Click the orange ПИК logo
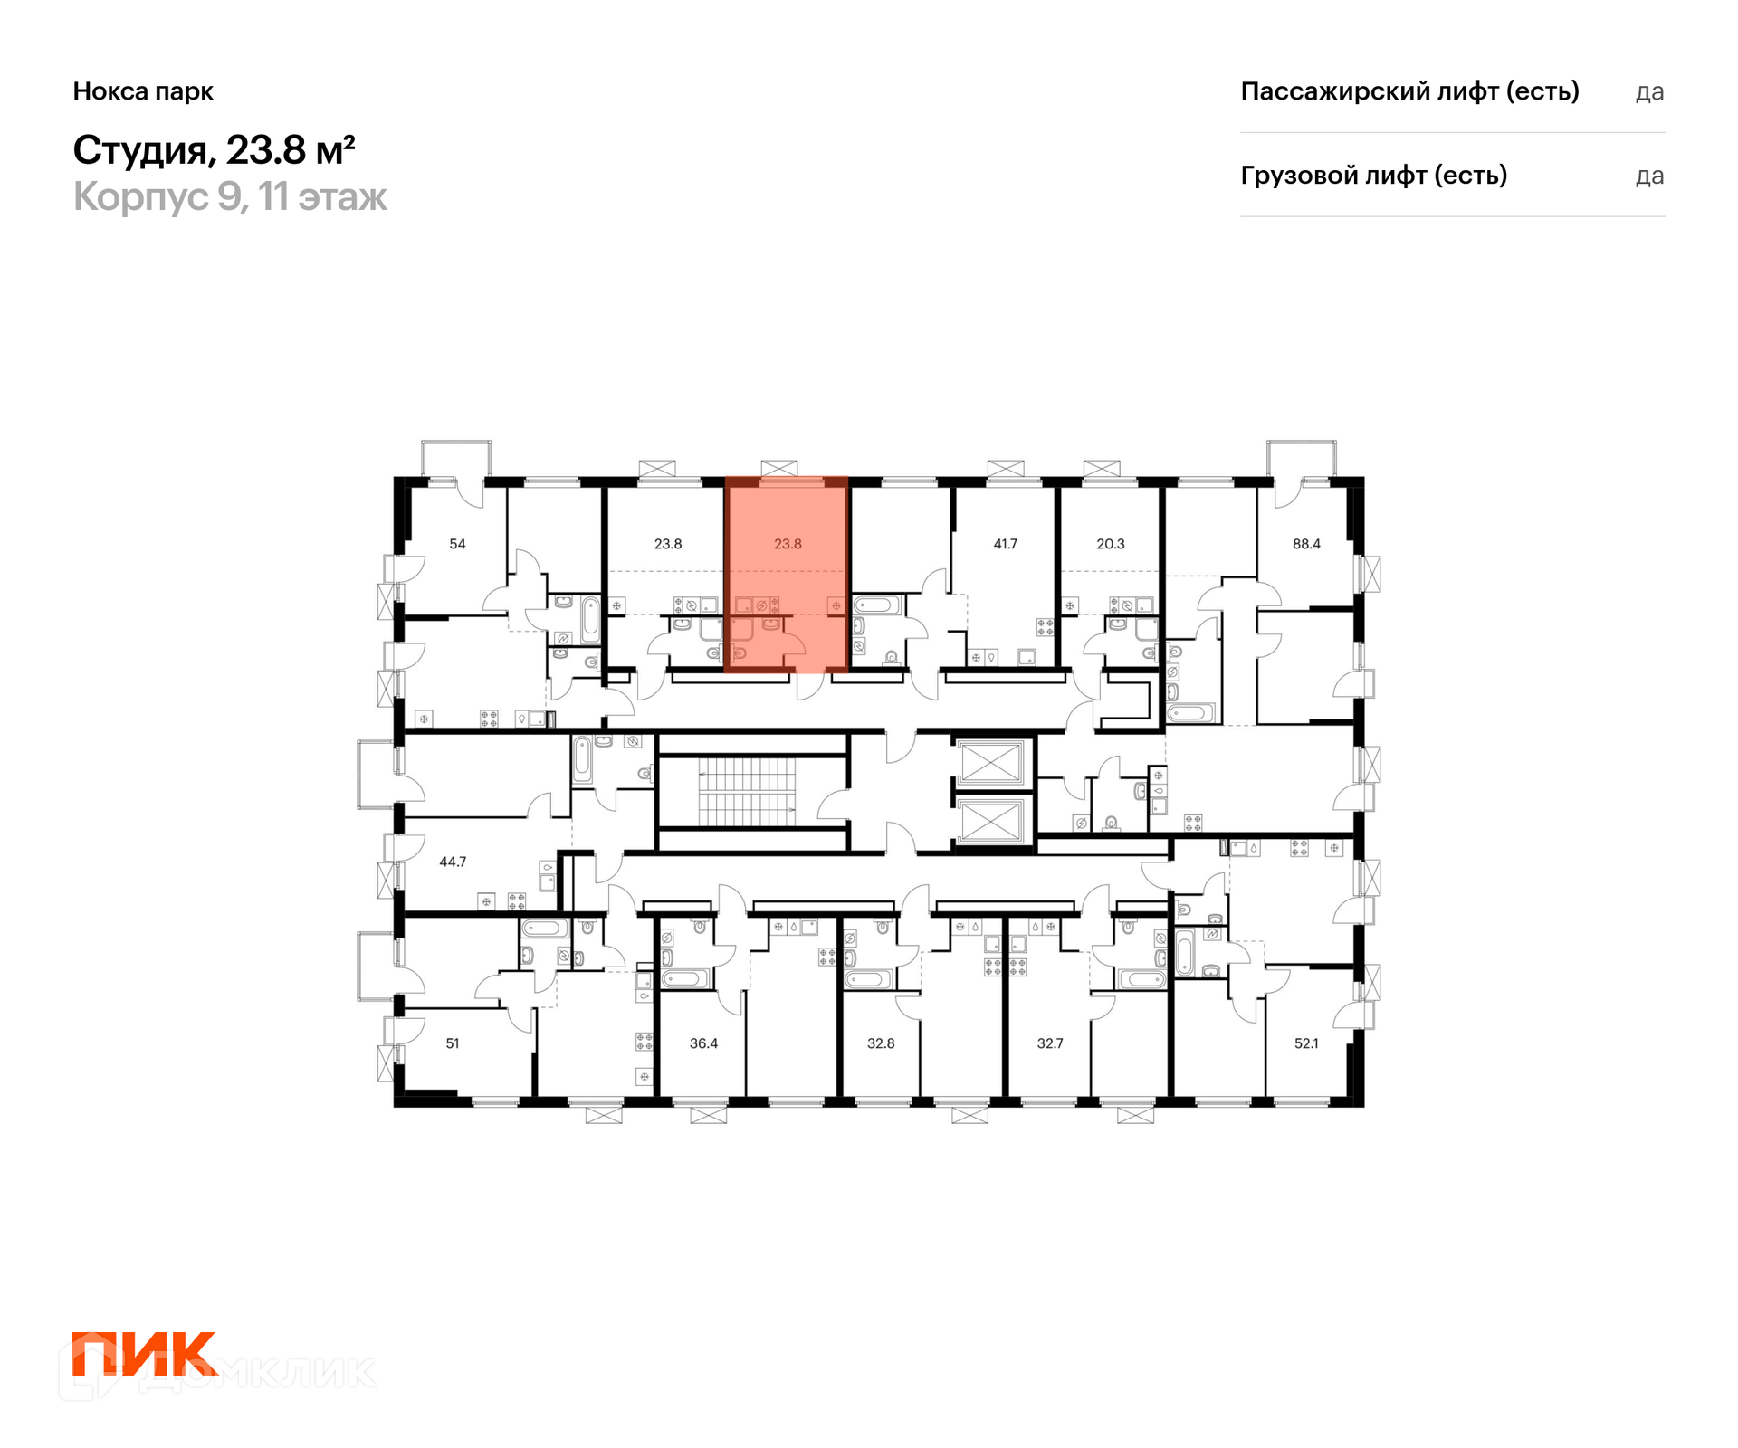(144, 1354)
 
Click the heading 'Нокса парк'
(143, 91)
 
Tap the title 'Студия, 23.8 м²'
(214, 150)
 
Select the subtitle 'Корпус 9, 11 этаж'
(230, 196)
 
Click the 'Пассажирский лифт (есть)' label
(1409, 91)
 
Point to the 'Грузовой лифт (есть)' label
(1373, 176)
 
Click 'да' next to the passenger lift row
(1649, 92)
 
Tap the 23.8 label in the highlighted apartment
(788, 544)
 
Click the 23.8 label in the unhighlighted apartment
(668, 544)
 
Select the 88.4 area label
(1306, 544)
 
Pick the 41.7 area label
(1005, 544)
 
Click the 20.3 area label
(1110, 544)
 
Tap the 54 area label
(457, 544)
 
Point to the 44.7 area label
(453, 862)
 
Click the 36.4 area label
(703, 1043)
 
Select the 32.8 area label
(881, 1043)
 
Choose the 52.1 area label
(1306, 1043)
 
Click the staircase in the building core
(748, 793)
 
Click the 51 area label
(453, 1043)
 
